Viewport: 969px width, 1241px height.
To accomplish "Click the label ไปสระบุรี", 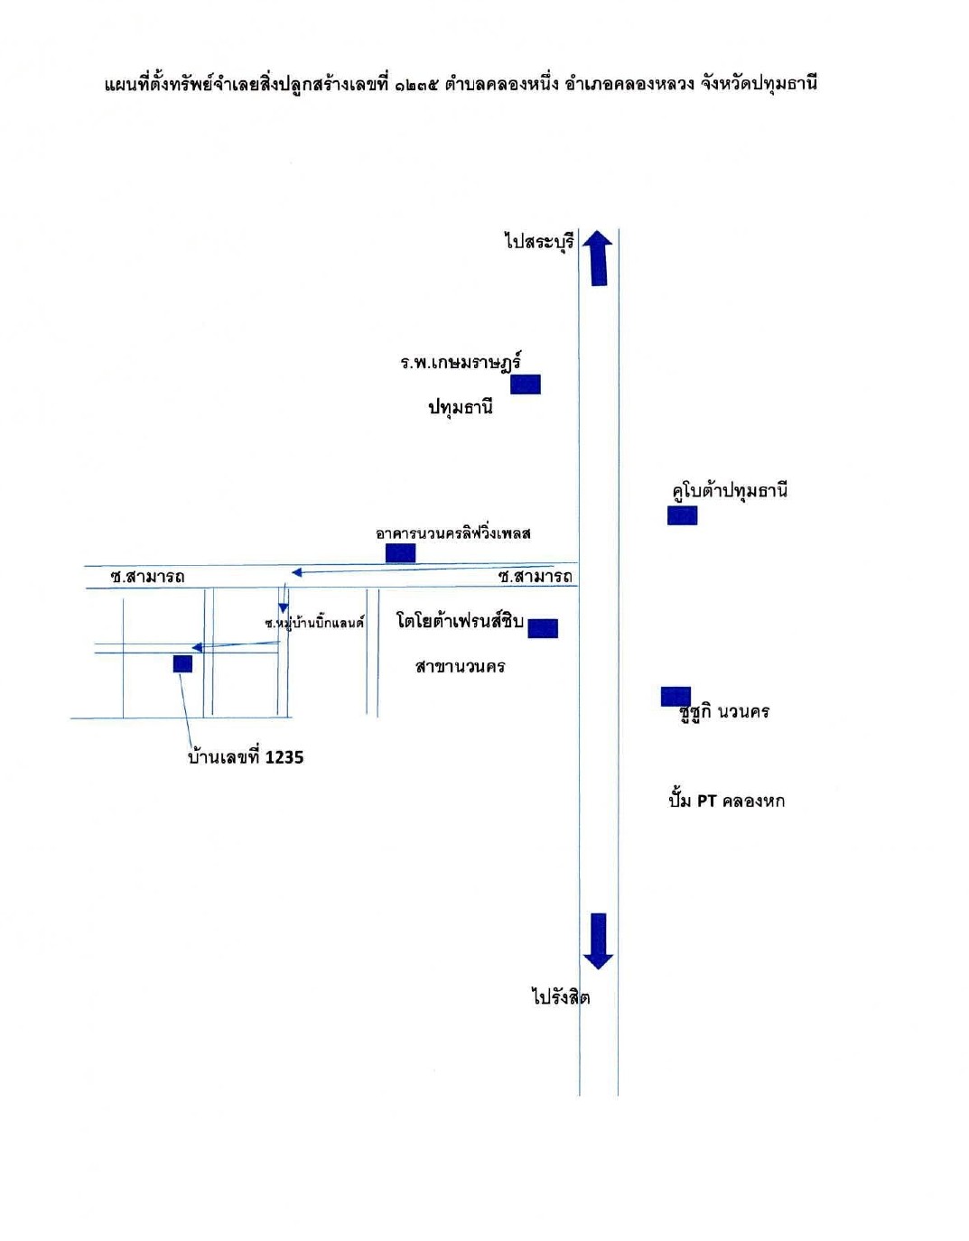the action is coord(539,242).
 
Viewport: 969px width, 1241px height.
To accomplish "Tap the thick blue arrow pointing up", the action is coord(598,257).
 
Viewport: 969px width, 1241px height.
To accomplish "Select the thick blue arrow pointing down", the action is coord(598,941).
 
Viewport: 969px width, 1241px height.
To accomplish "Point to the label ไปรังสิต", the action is coord(561,996).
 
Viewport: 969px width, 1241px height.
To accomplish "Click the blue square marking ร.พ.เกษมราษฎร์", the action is coord(526,384).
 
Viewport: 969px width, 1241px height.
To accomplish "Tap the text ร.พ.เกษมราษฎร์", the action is coord(461,363).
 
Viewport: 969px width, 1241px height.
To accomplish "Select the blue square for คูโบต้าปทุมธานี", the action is coord(682,515).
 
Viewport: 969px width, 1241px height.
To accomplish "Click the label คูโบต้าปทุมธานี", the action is coord(730,492).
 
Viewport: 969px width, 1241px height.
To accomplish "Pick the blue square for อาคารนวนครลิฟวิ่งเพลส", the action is coord(400,553).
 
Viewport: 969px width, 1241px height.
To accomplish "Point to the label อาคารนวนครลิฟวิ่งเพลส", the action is coord(453,533).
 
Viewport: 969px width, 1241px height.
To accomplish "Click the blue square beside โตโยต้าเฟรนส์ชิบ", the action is coord(543,628).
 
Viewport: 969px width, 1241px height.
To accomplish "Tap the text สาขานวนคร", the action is coord(461,666).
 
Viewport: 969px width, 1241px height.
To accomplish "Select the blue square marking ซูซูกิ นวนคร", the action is coord(676,697).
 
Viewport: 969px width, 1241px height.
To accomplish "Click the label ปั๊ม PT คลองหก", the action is coord(727,801).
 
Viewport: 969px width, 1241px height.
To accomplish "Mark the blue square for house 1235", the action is coord(182,663).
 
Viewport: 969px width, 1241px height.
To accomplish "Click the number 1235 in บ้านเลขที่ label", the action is coord(284,758).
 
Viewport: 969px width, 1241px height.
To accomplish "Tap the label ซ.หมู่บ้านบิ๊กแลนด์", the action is coord(314,622).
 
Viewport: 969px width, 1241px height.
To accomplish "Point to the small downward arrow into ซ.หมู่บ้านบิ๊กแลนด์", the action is coord(284,598).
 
